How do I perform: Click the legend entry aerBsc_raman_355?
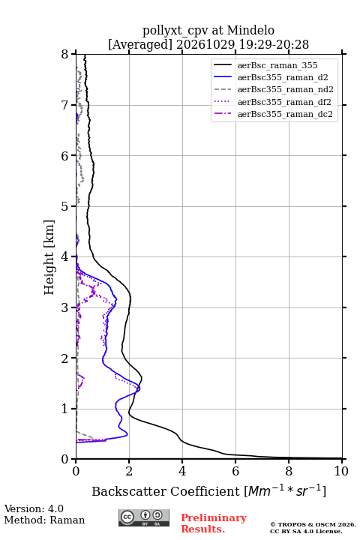(x=277, y=65)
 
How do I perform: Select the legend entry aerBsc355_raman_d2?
(x=283, y=77)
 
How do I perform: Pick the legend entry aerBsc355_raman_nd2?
(x=285, y=89)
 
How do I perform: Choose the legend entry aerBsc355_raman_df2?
(x=283, y=102)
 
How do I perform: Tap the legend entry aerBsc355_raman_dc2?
(x=285, y=114)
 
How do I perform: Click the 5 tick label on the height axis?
(x=65, y=207)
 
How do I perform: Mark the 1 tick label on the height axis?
(x=65, y=409)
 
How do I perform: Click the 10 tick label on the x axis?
(x=341, y=471)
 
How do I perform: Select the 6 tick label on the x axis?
(x=235, y=471)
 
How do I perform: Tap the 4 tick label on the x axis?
(x=182, y=471)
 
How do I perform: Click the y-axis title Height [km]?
(x=49, y=257)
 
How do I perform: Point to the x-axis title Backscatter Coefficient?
(x=166, y=491)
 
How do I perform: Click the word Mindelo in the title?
(x=250, y=31)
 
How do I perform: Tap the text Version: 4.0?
(x=34, y=509)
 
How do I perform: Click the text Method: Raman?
(x=44, y=520)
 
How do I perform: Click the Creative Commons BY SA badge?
(x=144, y=518)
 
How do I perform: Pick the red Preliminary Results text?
(x=214, y=523)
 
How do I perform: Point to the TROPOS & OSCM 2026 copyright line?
(x=313, y=524)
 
